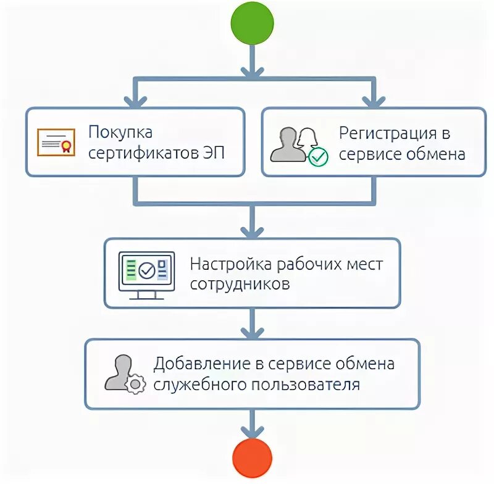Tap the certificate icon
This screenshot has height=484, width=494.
pyautogui.click(x=56, y=143)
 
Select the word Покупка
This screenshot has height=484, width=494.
pyautogui.click(x=120, y=133)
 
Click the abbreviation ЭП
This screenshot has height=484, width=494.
pyautogui.click(x=213, y=153)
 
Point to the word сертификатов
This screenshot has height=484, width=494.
pyautogui.click(x=143, y=153)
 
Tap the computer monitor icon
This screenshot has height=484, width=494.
pyautogui.click(x=146, y=273)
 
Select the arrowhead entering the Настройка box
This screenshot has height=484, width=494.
pyautogui.click(x=251, y=231)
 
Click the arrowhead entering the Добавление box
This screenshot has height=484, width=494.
pyautogui.click(x=251, y=332)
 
